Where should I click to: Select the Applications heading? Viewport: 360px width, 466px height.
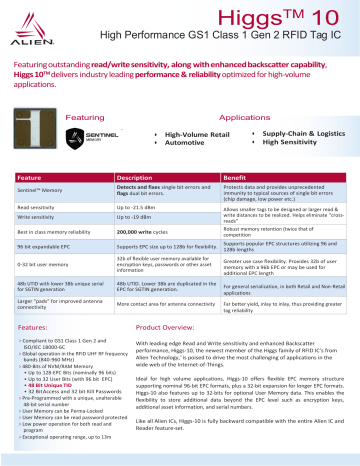(x=245, y=118)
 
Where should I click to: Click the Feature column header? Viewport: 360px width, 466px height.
(x=31, y=176)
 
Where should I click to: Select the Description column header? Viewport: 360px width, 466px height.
(x=134, y=176)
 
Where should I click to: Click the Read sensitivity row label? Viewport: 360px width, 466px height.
(x=36, y=206)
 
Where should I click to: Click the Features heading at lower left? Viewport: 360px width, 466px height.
(x=32, y=326)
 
